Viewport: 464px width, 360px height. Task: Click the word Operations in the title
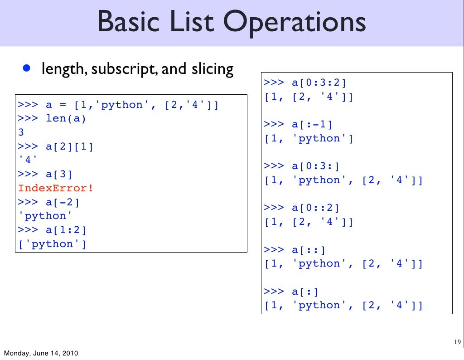click(294, 23)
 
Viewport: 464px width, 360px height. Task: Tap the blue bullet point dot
click(27, 68)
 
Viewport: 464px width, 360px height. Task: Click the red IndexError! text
click(56, 188)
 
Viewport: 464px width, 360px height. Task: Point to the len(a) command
click(66, 119)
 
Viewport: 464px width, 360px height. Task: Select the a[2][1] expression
click(70, 146)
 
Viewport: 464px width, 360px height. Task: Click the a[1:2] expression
click(66, 230)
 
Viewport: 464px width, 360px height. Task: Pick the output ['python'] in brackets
click(52, 244)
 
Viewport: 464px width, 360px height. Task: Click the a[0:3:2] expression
click(319, 83)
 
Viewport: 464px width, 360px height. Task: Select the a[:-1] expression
click(312, 124)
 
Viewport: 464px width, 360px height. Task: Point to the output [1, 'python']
click(309, 138)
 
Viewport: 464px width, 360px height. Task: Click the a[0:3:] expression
click(315, 166)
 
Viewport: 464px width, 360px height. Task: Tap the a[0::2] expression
click(315, 208)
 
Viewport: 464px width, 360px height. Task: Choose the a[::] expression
click(309, 249)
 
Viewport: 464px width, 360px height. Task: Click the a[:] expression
click(305, 291)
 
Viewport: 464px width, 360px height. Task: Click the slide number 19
click(457, 342)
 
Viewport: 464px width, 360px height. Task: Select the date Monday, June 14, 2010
click(39, 353)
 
